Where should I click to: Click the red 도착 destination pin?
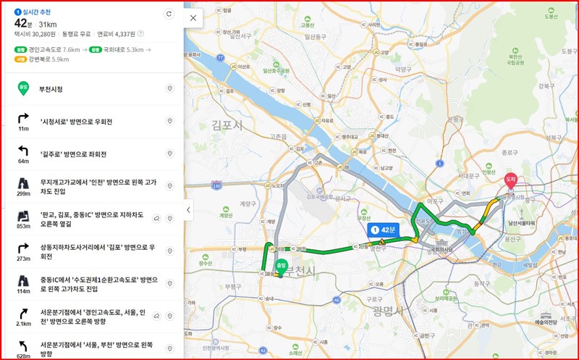(510, 180)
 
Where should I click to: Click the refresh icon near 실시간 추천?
(169, 14)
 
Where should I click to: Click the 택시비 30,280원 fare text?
(35, 33)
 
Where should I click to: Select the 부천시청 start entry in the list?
(51, 88)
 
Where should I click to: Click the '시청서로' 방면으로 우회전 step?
(76, 121)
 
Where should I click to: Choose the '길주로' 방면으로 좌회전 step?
(73, 154)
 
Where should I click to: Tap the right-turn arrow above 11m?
(24, 117)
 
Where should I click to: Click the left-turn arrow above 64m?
(24, 150)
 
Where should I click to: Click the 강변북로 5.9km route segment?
(48, 59)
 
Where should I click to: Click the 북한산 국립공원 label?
(515, 58)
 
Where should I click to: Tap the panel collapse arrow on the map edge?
(189, 210)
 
